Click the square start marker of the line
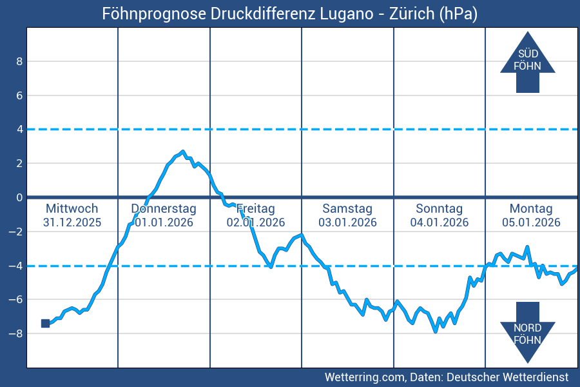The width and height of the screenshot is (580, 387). (x=45, y=323)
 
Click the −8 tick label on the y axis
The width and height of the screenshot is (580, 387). (x=17, y=333)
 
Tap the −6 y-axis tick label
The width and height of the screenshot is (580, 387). (x=17, y=299)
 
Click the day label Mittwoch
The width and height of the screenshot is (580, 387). (x=72, y=208)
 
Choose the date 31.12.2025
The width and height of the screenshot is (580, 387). (x=72, y=223)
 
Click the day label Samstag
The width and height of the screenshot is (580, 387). (x=347, y=208)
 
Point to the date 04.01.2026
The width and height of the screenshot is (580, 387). (x=439, y=223)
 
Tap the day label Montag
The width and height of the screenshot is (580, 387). (x=531, y=208)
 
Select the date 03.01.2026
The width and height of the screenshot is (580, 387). (x=347, y=223)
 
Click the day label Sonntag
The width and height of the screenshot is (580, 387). (x=439, y=208)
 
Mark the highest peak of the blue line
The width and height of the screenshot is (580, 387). (x=183, y=152)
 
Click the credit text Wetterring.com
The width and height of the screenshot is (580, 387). (x=365, y=377)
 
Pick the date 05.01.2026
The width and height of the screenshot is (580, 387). (x=531, y=223)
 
